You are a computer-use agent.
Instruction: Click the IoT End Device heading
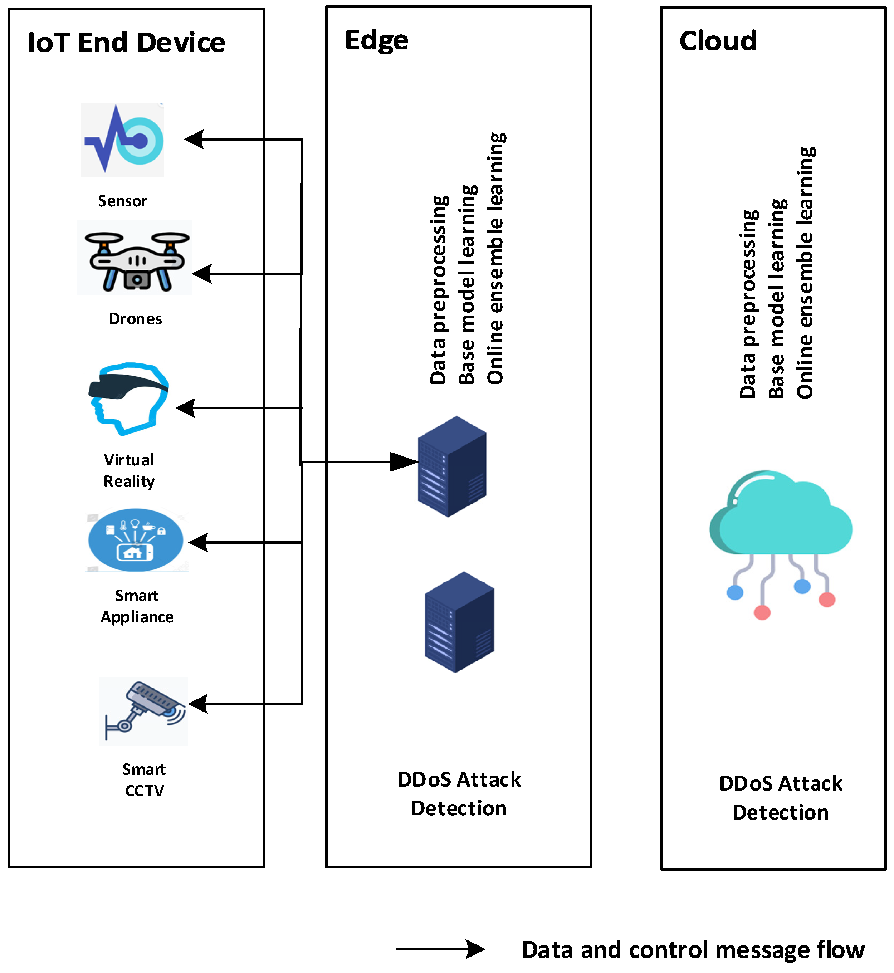click(126, 43)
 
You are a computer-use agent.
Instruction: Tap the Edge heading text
click(376, 41)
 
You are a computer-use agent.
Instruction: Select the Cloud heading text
click(718, 41)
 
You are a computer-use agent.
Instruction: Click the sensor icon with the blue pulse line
click(122, 140)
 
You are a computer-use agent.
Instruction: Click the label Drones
click(136, 319)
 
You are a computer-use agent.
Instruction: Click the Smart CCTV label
click(144, 779)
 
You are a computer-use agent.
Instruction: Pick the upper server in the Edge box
click(452, 466)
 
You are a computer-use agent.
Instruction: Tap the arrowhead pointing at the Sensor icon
click(195, 140)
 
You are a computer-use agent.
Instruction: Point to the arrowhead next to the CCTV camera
click(198, 704)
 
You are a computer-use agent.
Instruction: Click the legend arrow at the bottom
click(440, 949)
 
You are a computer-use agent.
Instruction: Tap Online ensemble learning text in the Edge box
click(496, 259)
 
